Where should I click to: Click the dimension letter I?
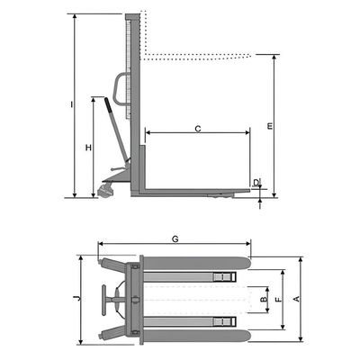71,104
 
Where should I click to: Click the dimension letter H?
88,148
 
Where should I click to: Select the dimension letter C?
198,129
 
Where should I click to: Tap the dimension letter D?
256,183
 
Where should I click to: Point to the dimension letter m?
270,126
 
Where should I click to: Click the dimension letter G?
175,239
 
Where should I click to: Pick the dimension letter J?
77,298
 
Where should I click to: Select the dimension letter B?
263,300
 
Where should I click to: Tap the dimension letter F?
278,300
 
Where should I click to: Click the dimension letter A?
296,299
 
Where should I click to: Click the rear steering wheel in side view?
105,191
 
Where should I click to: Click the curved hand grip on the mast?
120,89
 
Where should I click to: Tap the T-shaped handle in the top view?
104,300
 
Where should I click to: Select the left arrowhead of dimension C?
148,132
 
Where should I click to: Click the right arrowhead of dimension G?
247,244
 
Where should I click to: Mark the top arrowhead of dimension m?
274,58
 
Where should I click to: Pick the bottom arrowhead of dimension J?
80,341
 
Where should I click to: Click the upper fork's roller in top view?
224,276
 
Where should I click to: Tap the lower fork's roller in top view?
224,321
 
